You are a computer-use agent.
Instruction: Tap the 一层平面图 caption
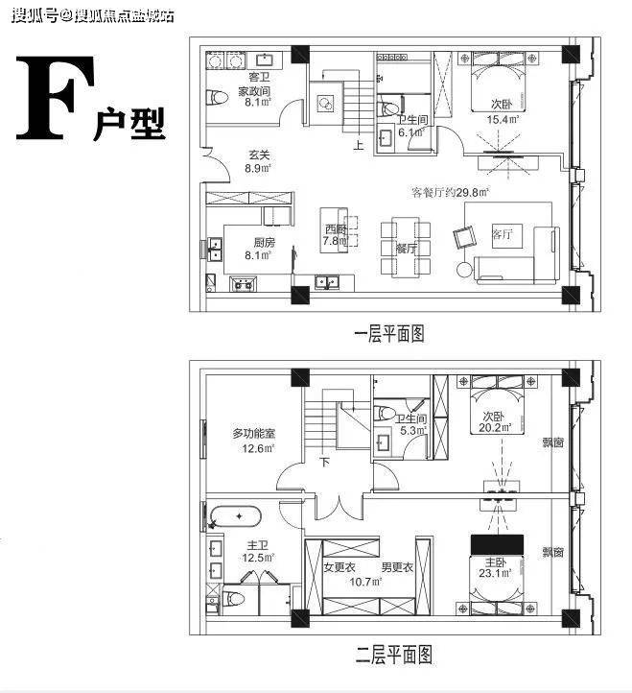pyautogui.click(x=388, y=333)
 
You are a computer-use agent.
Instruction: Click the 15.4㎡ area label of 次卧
pyautogui.click(x=503, y=120)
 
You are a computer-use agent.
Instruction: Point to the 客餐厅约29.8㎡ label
pyautogui.click(x=451, y=192)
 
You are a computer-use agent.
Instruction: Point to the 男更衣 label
pyautogui.click(x=396, y=566)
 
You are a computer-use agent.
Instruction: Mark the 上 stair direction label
pyautogui.click(x=358, y=147)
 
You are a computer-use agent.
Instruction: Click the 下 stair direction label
pyautogui.click(x=324, y=463)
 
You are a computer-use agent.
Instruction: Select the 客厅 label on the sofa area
pyautogui.click(x=502, y=232)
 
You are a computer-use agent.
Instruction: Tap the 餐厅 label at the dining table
pyautogui.click(x=406, y=247)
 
